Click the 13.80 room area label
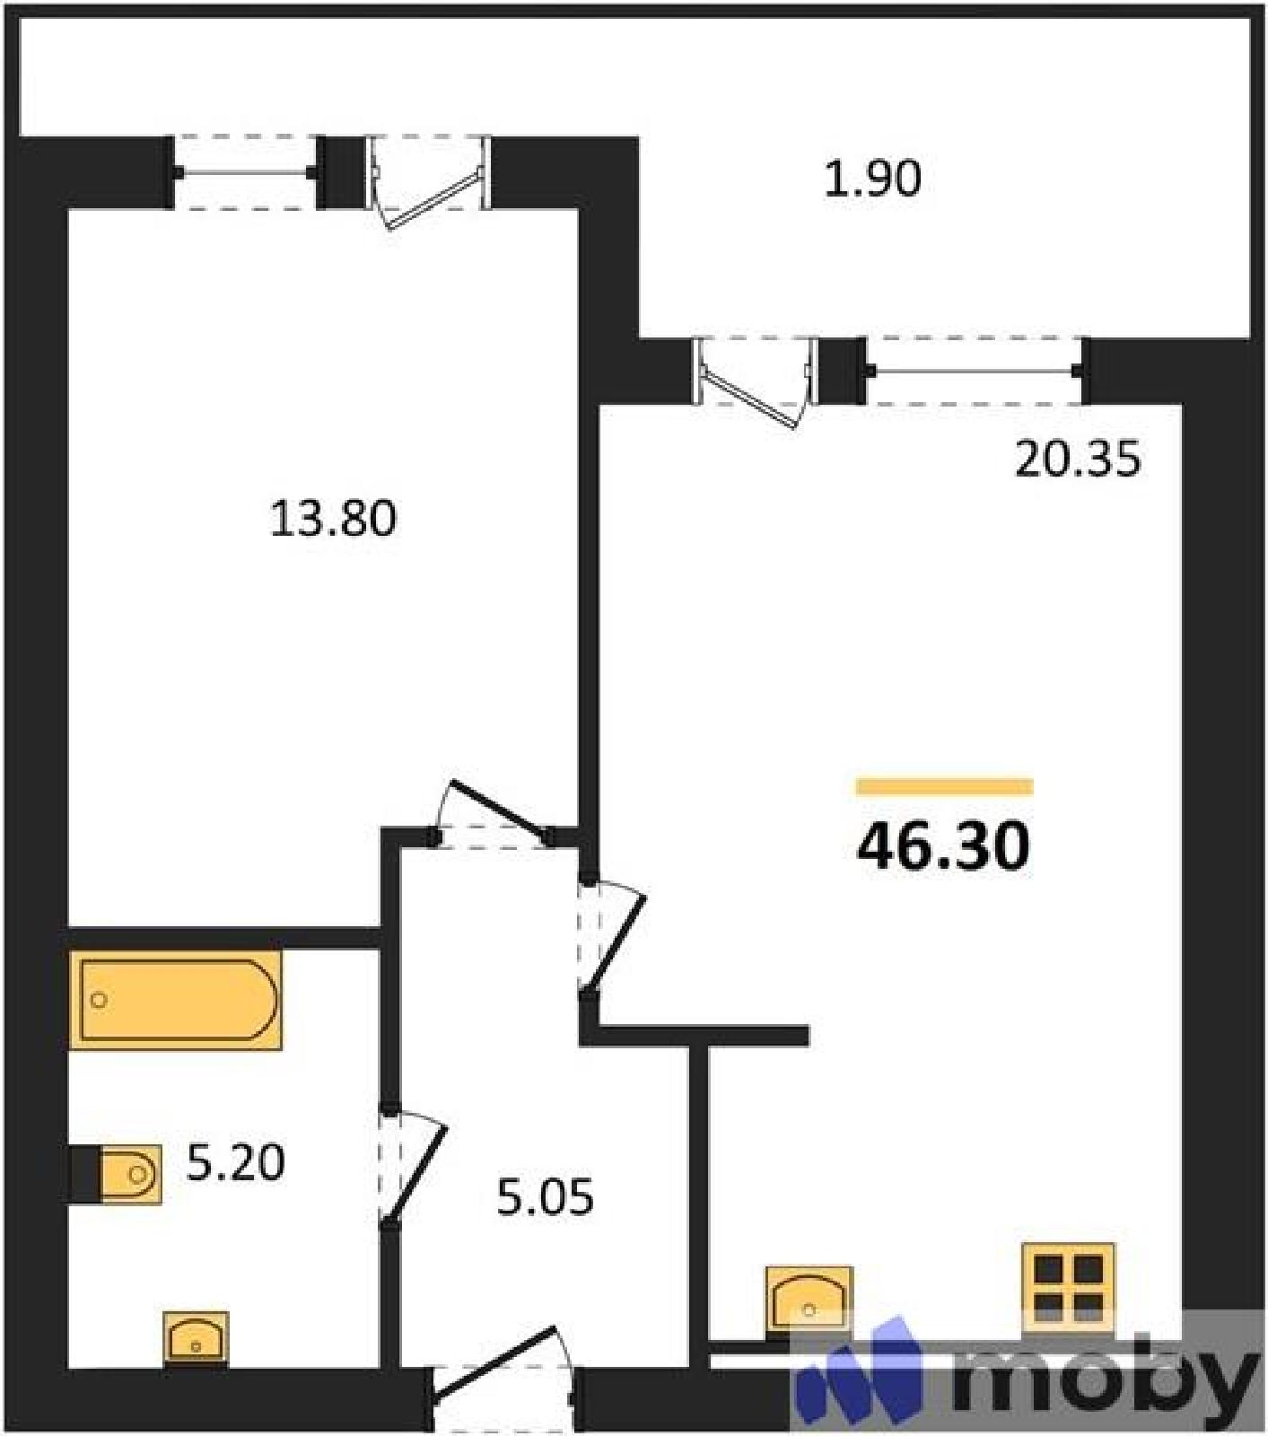click(x=333, y=519)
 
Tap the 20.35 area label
click(x=1078, y=459)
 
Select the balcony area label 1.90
click(x=872, y=179)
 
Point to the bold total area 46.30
click(x=943, y=845)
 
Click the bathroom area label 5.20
click(x=236, y=1162)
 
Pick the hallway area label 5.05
click(x=546, y=1197)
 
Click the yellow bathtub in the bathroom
click(x=176, y=1000)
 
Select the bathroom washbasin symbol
click(x=196, y=1340)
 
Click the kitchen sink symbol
click(x=809, y=1301)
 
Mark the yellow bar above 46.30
click(x=944, y=787)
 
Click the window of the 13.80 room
click(x=246, y=172)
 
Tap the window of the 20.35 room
click(x=975, y=370)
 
